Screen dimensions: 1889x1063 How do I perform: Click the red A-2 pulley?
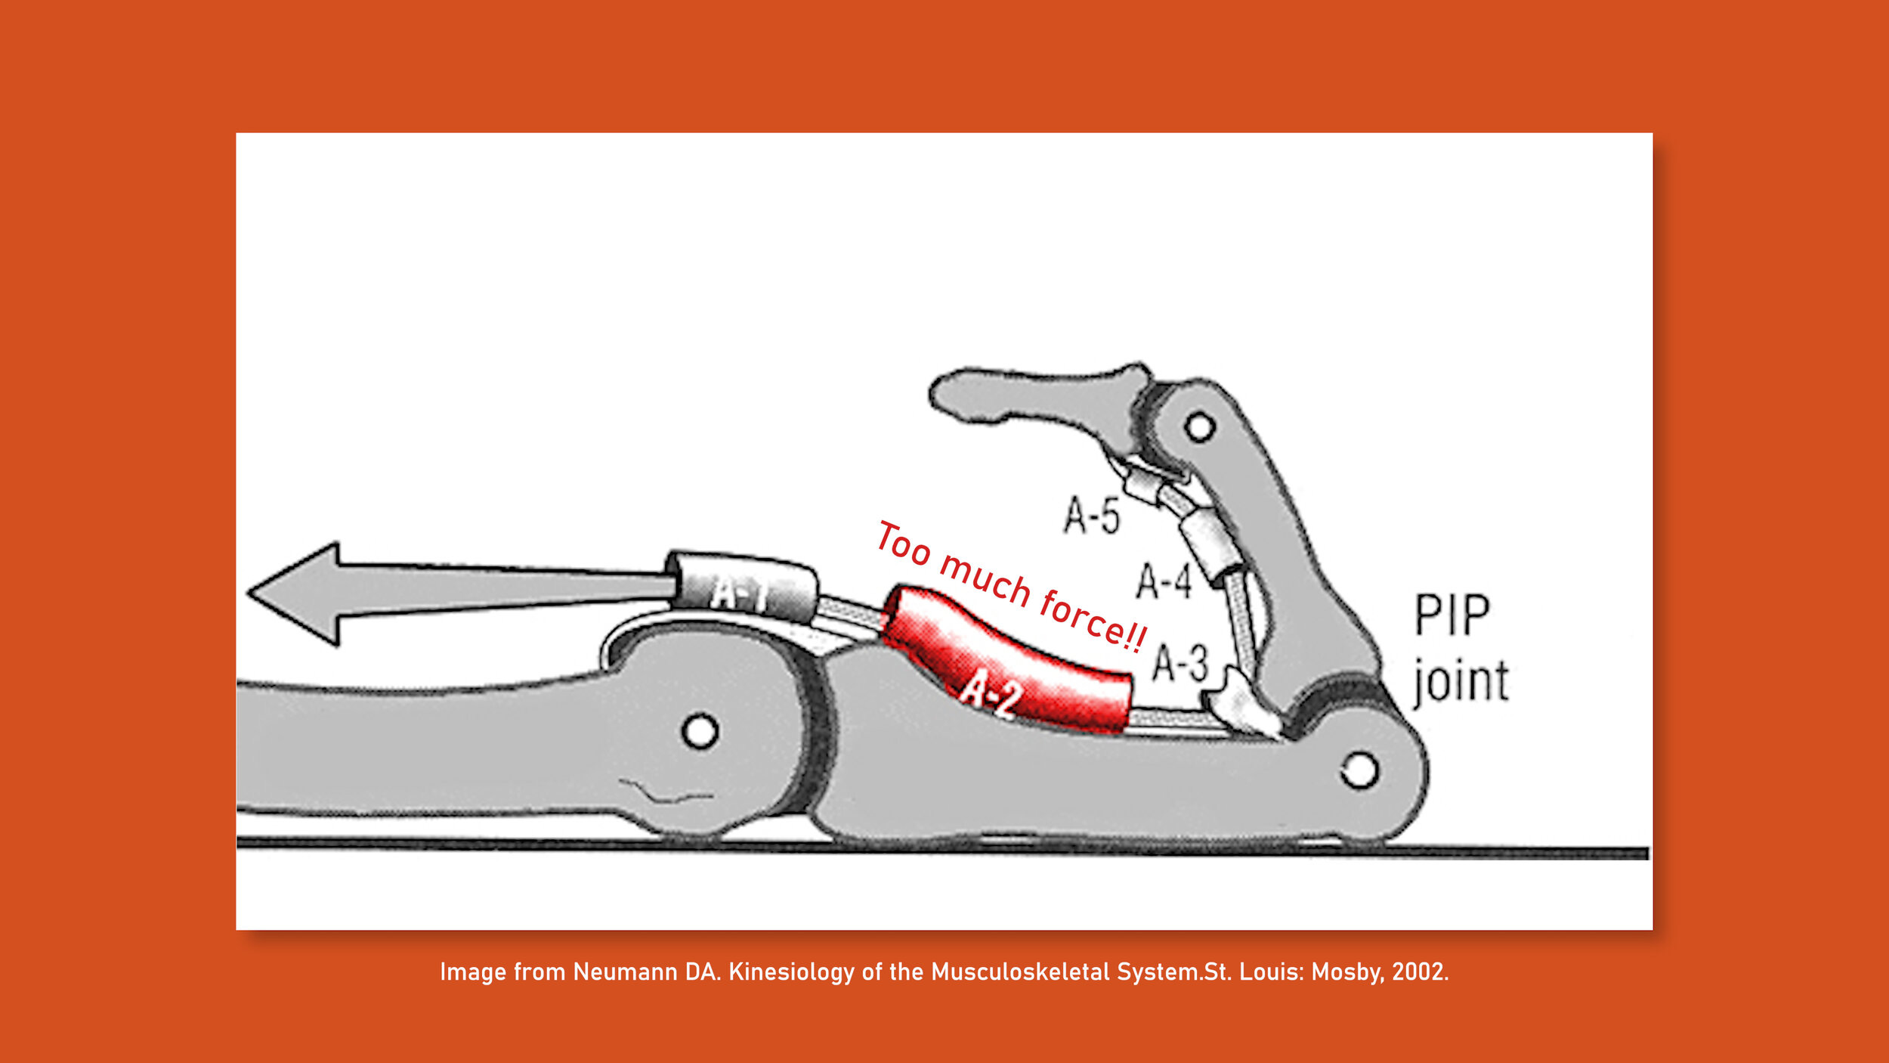[1005, 665]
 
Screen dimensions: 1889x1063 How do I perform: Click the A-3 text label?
[1180, 663]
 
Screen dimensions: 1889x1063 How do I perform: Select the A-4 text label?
[1164, 581]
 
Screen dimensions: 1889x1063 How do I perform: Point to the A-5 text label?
[1091, 516]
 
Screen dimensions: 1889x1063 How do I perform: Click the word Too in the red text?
[904, 543]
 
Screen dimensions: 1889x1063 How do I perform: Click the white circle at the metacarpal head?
[700, 731]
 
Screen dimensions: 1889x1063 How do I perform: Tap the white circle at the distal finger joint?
[1199, 426]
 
